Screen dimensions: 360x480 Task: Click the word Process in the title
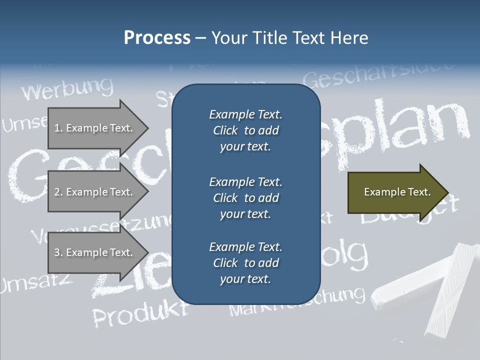coord(157,38)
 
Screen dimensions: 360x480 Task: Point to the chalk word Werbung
coord(67,89)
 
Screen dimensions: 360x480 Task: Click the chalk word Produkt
coord(140,313)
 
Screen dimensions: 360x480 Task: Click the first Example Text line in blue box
coord(245,114)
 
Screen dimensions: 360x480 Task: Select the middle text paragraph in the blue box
coord(245,198)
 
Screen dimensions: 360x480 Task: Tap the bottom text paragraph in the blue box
coord(245,263)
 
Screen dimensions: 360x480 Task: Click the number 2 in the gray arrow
coord(57,192)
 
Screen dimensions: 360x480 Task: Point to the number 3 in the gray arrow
coord(57,252)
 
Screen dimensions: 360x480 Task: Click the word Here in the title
coord(349,38)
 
